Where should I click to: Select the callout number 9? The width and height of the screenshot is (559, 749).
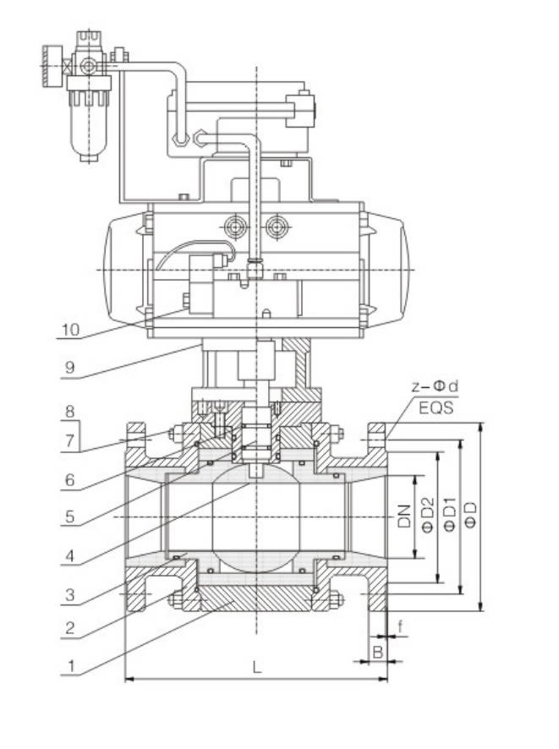pyautogui.click(x=71, y=368)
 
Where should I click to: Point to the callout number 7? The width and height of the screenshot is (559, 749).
pyautogui.click(x=71, y=440)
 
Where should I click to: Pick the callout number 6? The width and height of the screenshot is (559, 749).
pyautogui.click(x=71, y=479)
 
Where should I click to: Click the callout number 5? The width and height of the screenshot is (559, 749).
pyautogui.click(x=71, y=517)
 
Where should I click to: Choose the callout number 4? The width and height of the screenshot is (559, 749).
pyautogui.click(x=71, y=557)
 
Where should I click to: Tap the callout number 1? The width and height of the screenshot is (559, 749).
pyautogui.click(x=71, y=666)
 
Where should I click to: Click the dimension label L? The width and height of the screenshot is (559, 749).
pyautogui.click(x=257, y=667)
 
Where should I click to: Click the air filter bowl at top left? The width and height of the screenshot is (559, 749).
pyautogui.click(x=85, y=127)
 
